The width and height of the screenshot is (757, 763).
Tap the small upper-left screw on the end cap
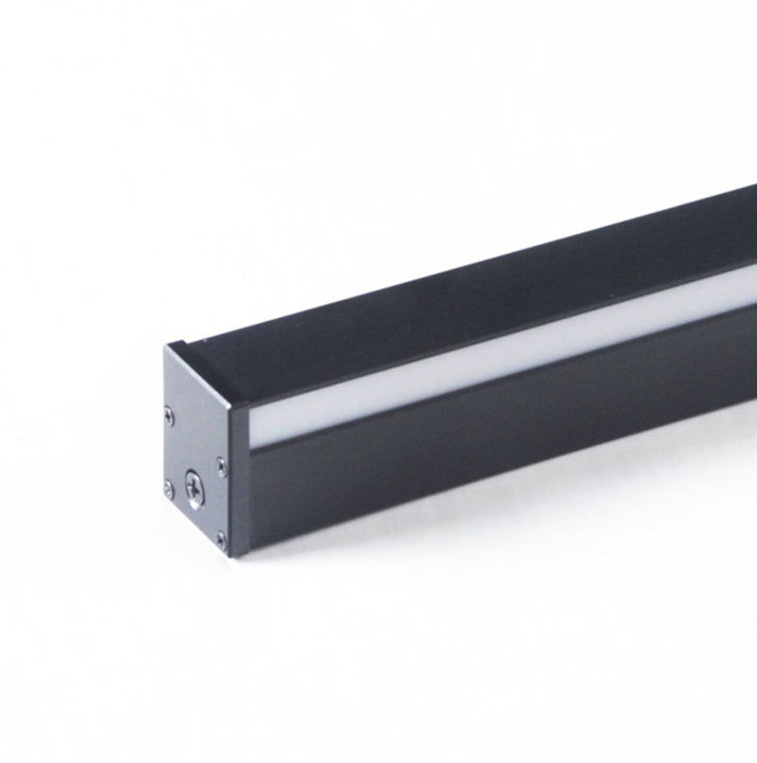169,412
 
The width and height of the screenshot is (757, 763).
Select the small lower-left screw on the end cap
168,489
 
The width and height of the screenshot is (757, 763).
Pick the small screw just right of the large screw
220,464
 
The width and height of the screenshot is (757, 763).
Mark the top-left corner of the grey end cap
164,346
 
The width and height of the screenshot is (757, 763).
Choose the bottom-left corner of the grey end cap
162,495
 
